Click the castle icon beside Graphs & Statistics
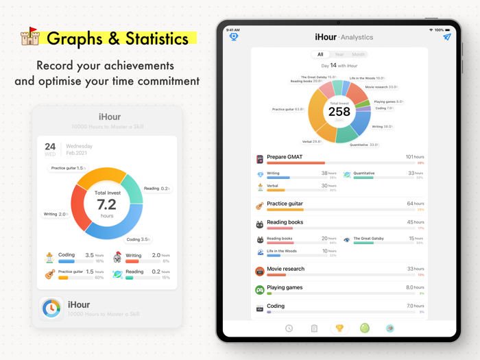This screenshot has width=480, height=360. pyautogui.click(x=29, y=36)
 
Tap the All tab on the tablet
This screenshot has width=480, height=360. pyautogui.click(x=320, y=54)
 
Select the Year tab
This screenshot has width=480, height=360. pyautogui.click(x=339, y=54)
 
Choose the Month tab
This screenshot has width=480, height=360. pyautogui.click(x=358, y=54)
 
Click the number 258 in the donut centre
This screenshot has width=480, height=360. pyautogui.click(x=339, y=112)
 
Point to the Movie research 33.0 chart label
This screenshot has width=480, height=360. pyautogui.click(x=381, y=87)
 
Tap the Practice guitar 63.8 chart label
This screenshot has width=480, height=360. pyautogui.click(x=288, y=109)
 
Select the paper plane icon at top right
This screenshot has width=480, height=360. pyautogui.click(x=446, y=37)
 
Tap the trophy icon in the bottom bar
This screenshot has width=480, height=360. pyautogui.click(x=339, y=328)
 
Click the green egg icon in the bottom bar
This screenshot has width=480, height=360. pyautogui.click(x=365, y=328)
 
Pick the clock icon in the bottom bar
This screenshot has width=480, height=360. pyautogui.click(x=289, y=328)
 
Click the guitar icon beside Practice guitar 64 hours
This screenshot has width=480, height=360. pyautogui.click(x=260, y=206)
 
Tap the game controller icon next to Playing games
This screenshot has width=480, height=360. pyautogui.click(x=260, y=289)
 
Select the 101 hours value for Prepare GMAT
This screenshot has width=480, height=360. pyautogui.click(x=414, y=157)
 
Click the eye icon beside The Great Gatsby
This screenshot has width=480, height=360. pyautogui.click(x=347, y=240)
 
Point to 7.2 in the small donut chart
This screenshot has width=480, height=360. pyautogui.click(x=106, y=204)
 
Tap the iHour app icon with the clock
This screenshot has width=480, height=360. pyautogui.click(x=51, y=309)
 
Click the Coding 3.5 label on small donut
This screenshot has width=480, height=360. pyautogui.click(x=138, y=240)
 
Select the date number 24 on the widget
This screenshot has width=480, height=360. pyautogui.click(x=50, y=146)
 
